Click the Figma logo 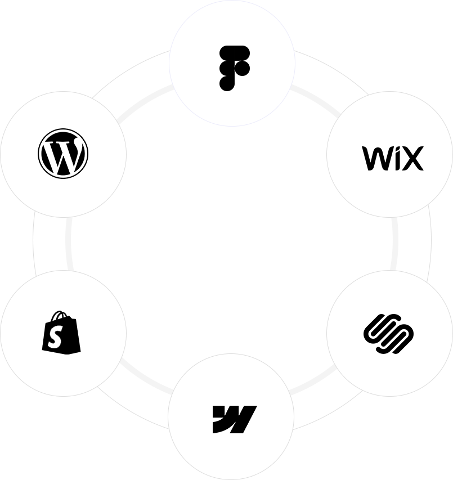pos(234,68)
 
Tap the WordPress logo pos(63,154)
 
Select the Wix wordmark pos(392,158)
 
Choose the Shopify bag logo pos(61,333)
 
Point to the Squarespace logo pos(389,333)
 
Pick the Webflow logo pos(234,419)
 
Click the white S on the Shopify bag pos(56,338)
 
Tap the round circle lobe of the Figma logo pos(243,68)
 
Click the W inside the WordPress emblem pos(62,155)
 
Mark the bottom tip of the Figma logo pos(227,85)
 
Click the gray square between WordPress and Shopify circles pos(48,243)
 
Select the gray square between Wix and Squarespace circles pos(415,243)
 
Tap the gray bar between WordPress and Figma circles pos(101,56)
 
